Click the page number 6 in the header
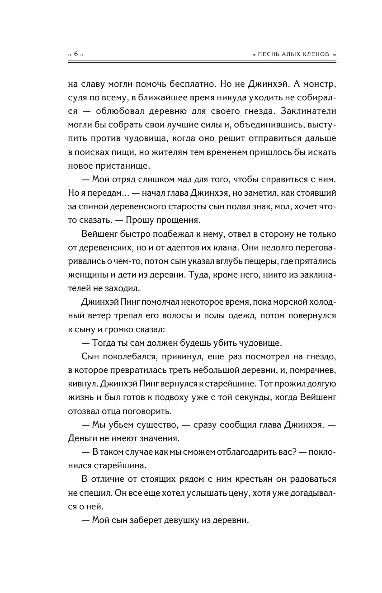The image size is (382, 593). tap(76, 54)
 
